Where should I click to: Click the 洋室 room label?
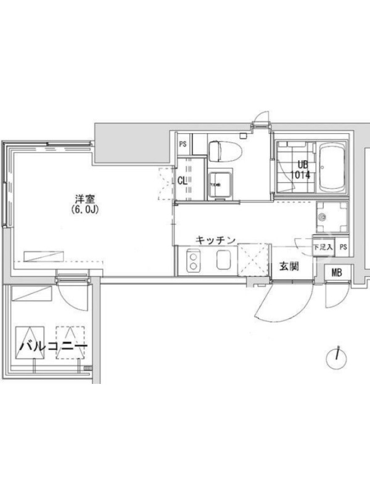(x=85, y=199)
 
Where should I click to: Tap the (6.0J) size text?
(x=85, y=210)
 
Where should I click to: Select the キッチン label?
(x=215, y=240)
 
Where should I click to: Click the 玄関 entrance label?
(x=289, y=266)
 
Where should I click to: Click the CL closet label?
(x=182, y=181)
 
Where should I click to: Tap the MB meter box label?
(x=337, y=272)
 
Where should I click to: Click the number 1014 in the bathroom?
(x=300, y=174)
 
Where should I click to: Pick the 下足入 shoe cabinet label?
(x=323, y=247)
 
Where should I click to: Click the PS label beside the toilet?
(x=183, y=144)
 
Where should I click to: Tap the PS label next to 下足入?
(x=343, y=247)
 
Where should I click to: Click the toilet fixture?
(x=225, y=152)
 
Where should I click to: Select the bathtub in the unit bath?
(x=332, y=168)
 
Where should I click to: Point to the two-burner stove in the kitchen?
(x=192, y=261)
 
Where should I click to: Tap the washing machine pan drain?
(x=321, y=216)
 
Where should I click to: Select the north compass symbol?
(x=337, y=358)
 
